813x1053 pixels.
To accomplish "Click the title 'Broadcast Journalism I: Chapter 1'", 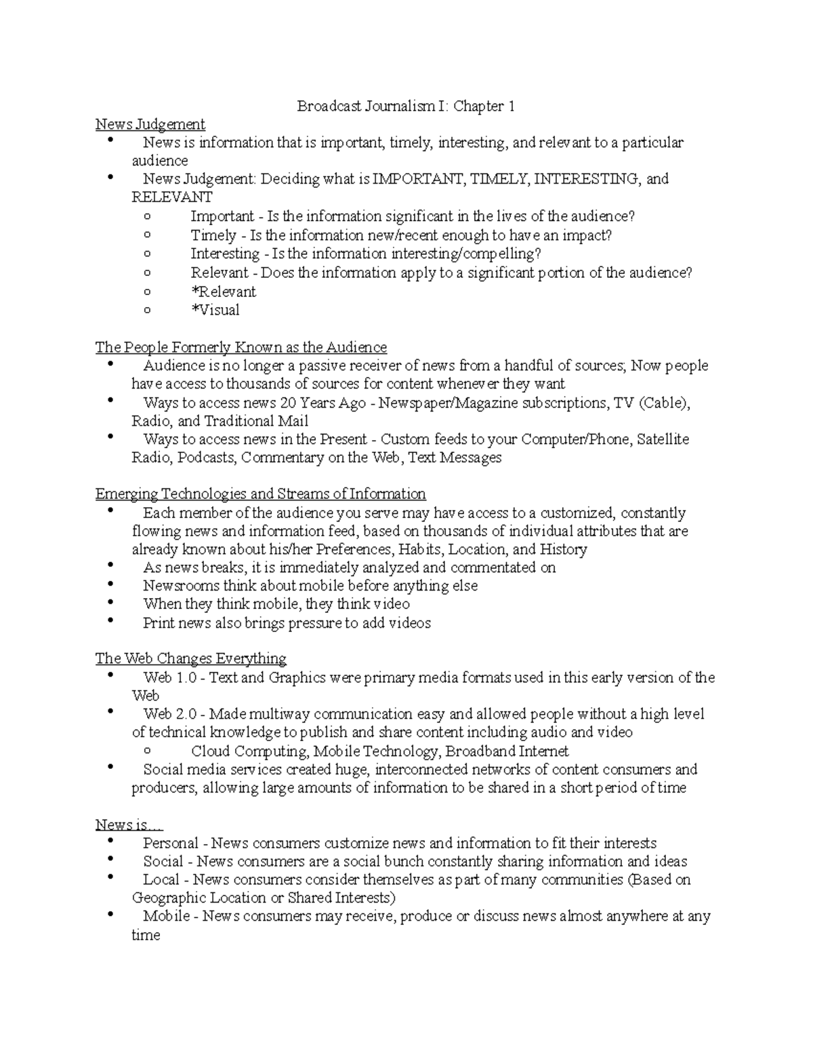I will pos(406,106).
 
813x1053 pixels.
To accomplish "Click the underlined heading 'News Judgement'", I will pos(150,124).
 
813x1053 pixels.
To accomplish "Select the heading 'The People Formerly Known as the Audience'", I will pos(241,347).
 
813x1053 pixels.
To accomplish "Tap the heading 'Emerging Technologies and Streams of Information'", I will pos(260,494).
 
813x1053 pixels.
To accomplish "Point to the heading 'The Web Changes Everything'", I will pos(190,658).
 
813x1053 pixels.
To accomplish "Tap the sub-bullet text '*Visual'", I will pos(215,310).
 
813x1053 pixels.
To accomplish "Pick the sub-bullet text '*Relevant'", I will pos(224,292).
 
